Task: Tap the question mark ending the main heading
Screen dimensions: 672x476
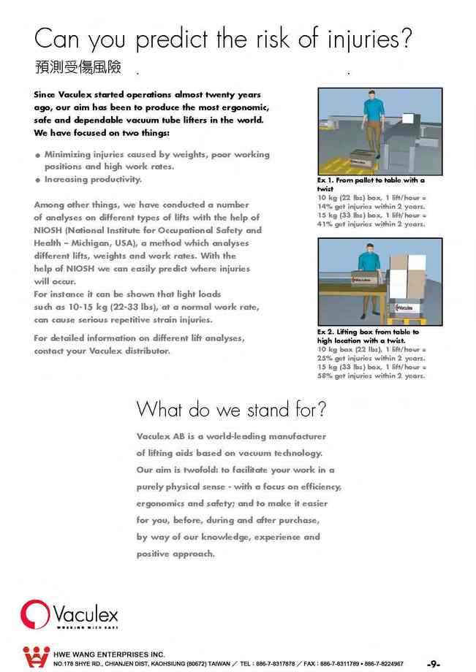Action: coord(413,37)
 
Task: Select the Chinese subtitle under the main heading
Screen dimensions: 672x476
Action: coord(78,68)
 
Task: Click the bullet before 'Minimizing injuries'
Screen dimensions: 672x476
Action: coord(37,156)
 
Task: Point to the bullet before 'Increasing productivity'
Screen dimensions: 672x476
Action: coord(37,180)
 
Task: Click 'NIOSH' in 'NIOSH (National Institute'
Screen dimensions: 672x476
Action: coord(50,231)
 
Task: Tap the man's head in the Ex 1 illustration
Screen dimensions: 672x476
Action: coord(374,96)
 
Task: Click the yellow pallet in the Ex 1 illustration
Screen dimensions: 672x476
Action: coord(344,161)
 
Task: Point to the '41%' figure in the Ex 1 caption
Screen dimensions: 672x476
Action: coord(325,224)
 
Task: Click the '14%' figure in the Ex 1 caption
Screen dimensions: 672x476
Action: coord(325,207)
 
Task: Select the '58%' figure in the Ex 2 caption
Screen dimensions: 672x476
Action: coord(325,376)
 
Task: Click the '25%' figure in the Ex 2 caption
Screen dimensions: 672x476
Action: coord(325,359)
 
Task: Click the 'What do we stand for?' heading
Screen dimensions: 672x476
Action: coord(231,409)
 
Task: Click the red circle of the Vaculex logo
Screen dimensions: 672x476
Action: coord(35,614)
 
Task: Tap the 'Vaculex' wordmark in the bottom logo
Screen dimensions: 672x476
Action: coord(85,612)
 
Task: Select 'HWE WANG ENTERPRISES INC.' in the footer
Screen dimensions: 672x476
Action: coord(109,654)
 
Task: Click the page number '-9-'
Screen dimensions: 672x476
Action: coord(433,663)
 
